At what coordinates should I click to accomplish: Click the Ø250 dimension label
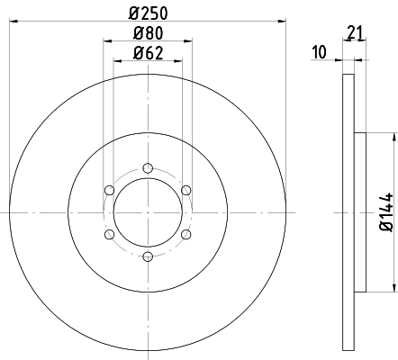148,13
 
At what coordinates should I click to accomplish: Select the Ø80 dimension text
148,33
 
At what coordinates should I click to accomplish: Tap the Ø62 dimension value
148,52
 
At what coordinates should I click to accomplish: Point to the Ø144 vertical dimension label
385,212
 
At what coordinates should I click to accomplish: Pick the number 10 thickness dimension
319,53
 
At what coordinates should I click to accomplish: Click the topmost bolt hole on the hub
148,167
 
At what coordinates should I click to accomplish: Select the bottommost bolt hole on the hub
148,256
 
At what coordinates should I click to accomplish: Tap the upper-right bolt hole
186,190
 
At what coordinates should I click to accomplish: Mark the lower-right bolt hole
186,234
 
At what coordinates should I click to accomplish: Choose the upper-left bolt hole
109,190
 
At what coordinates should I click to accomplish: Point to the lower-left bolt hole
109,234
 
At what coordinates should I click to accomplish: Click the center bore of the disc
148,212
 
